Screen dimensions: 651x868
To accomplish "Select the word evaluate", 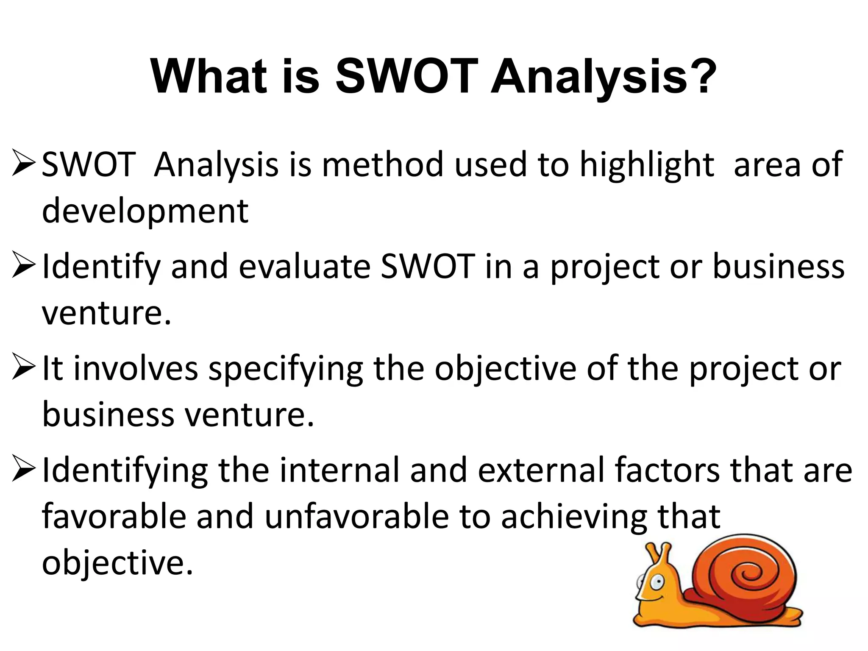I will [x=305, y=267].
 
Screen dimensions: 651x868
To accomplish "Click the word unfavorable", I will [x=356, y=517].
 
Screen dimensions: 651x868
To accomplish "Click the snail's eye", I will [x=657, y=583].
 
